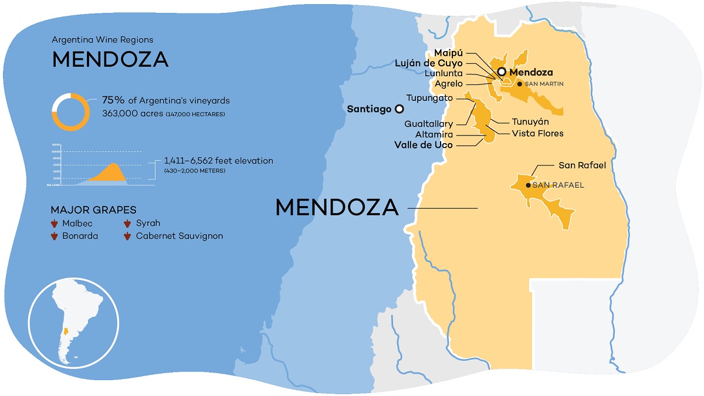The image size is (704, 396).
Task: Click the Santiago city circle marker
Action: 399,109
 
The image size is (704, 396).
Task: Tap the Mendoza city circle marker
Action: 502,72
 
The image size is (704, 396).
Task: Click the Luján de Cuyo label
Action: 429,63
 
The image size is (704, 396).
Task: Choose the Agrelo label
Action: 449,84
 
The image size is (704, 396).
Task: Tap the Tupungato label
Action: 429,98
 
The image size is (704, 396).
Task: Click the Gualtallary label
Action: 428,124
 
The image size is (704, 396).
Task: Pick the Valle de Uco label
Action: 423,145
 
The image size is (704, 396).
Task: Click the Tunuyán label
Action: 530,121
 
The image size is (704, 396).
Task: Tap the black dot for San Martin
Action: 519,84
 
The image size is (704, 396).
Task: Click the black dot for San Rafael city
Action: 528,185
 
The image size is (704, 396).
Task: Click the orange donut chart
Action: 70,111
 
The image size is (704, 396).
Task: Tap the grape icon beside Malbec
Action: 55,224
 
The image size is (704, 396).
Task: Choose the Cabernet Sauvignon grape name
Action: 179,236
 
